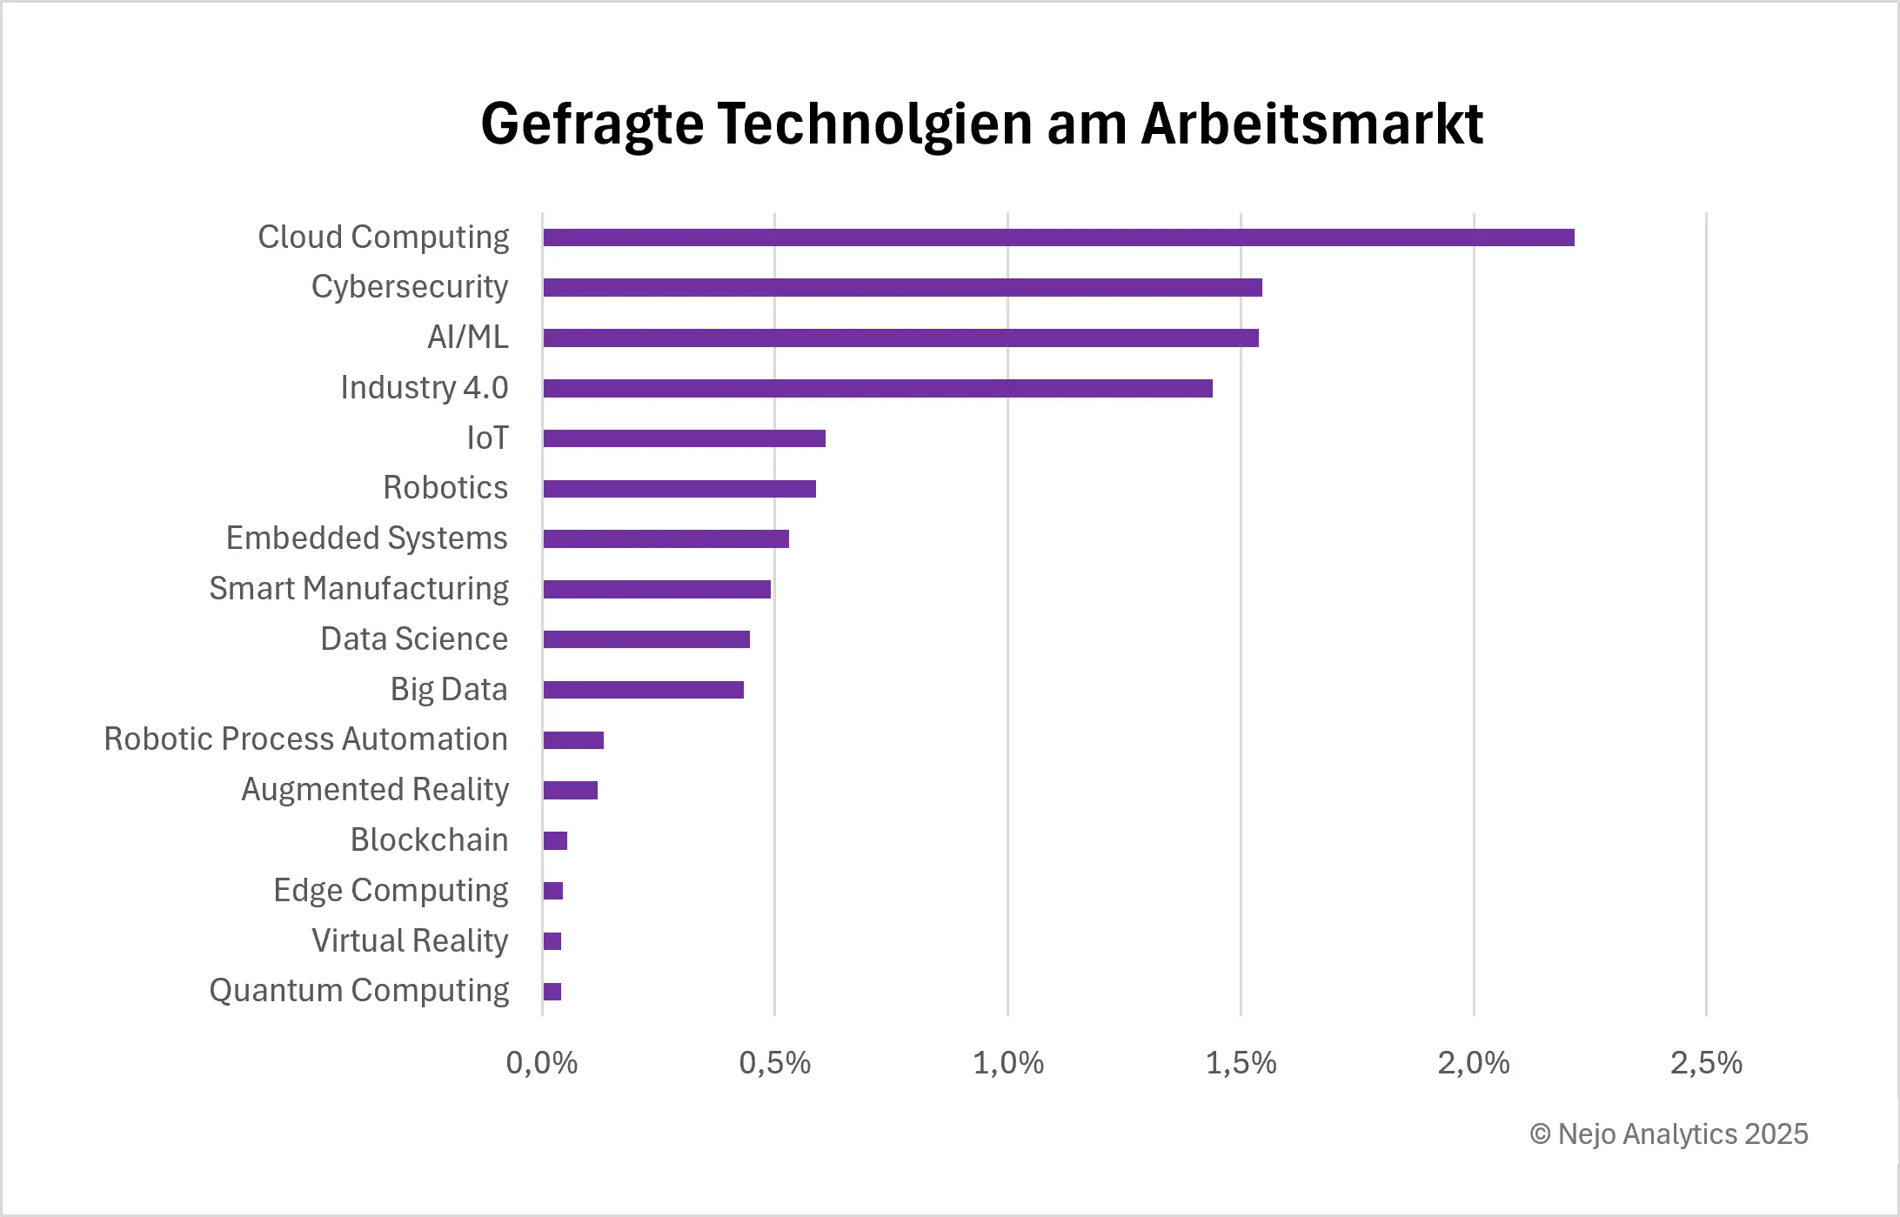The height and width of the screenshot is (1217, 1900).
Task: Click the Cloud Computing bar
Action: point(1058,237)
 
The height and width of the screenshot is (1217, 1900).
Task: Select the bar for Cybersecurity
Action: point(902,288)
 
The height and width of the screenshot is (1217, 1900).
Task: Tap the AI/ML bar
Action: point(900,338)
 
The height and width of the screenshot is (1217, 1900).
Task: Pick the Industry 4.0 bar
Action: point(877,388)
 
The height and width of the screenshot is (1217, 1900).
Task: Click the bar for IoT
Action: point(684,438)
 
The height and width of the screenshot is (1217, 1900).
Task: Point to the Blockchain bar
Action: point(555,840)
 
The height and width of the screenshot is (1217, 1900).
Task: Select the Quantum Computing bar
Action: point(552,991)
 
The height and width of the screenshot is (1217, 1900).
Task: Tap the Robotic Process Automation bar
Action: point(573,740)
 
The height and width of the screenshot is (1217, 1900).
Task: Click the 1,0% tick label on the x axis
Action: point(1007,1063)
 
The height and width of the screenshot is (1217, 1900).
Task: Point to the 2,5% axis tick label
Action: point(1705,1063)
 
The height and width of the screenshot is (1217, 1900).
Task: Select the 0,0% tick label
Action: point(541,1063)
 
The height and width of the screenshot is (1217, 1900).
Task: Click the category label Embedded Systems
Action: point(366,538)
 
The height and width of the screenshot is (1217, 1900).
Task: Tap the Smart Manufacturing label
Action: point(358,589)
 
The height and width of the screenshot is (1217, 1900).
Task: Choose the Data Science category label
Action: point(413,639)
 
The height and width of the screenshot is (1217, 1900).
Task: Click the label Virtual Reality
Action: point(409,940)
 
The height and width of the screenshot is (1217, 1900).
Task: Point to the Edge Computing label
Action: point(390,891)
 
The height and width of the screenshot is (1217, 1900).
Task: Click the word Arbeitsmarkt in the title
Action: point(1311,124)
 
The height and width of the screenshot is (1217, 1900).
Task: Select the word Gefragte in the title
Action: point(592,124)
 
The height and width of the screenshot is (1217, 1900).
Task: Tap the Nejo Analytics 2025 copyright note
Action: point(1669,1134)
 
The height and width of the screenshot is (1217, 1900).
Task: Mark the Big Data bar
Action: point(643,690)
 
